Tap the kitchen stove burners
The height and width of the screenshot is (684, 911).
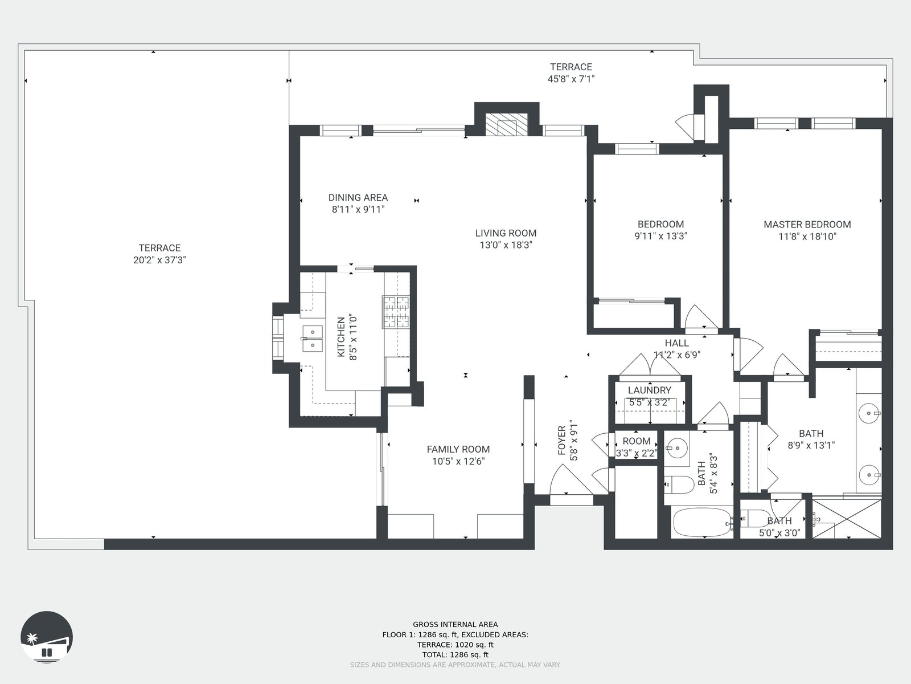point(396,312)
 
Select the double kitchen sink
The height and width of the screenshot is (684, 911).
point(312,339)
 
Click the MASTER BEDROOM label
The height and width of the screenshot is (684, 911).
point(807,225)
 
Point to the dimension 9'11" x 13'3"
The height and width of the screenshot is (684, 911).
point(660,236)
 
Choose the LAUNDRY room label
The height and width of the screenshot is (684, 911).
point(650,390)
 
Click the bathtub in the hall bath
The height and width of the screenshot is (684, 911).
point(702,523)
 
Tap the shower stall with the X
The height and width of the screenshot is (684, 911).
point(847,519)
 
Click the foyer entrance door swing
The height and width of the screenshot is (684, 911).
point(569,480)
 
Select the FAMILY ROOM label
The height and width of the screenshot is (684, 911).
point(458,449)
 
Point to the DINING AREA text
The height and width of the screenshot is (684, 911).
point(358,198)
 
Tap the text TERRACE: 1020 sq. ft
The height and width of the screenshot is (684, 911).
point(455,645)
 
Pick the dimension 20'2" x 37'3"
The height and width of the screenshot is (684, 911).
point(159,260)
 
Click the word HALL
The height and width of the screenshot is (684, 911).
point(677,343)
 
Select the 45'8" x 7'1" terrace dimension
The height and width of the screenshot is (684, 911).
point(571,79)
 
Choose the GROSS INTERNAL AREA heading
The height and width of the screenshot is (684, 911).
point(455,625)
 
